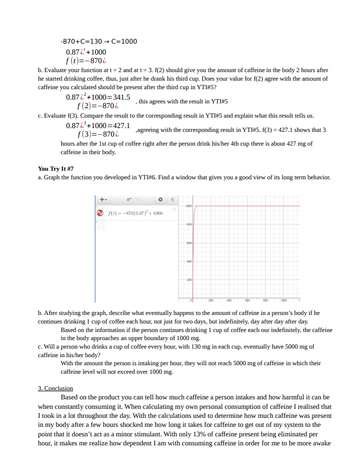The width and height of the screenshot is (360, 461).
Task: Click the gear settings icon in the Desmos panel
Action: pos(160,200)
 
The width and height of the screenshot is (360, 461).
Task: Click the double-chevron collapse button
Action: pos(173,200)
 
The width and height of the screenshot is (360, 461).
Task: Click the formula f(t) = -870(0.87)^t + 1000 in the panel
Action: pos(135,213)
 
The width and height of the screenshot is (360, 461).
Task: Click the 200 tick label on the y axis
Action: pos(188,280)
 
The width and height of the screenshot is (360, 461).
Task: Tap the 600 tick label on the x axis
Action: pos(247,300)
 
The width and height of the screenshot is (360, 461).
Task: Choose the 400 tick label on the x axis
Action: pos(229,300)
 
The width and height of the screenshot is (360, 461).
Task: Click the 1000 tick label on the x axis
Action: pos(283,300)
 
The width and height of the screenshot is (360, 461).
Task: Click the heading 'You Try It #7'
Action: pos(55,168)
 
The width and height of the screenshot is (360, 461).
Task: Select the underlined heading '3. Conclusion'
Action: pos(55,388)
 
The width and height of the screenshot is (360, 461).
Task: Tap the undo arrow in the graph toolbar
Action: pos(130,200)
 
